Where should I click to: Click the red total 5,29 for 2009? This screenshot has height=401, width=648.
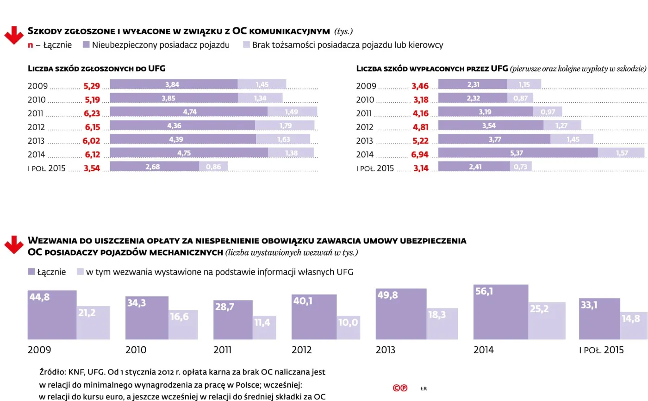[92, 86]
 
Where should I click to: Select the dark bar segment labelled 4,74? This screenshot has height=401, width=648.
[188, 112]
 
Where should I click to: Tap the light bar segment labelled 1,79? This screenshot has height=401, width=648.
[285, 125]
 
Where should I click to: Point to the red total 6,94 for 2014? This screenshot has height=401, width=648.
[420, 154]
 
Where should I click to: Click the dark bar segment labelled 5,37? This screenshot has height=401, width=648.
[517, 153]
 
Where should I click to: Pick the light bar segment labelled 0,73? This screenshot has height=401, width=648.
[521, 167]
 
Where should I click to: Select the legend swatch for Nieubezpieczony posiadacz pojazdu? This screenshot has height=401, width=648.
[86, 45]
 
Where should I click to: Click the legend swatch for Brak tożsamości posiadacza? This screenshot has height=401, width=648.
[246, 45]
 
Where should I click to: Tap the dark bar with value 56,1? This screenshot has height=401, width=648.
[500, 312]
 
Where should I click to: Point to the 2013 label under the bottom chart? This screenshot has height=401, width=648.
[385, 350]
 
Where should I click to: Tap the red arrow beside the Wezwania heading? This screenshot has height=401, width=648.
[14, 244]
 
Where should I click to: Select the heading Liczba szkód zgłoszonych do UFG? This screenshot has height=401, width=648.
[97, 69]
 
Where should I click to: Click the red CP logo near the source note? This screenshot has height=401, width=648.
[400, 388]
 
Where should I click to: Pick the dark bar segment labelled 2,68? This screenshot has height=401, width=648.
[154, 167]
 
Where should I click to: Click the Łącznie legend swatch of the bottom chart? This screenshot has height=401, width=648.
[31, 272]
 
